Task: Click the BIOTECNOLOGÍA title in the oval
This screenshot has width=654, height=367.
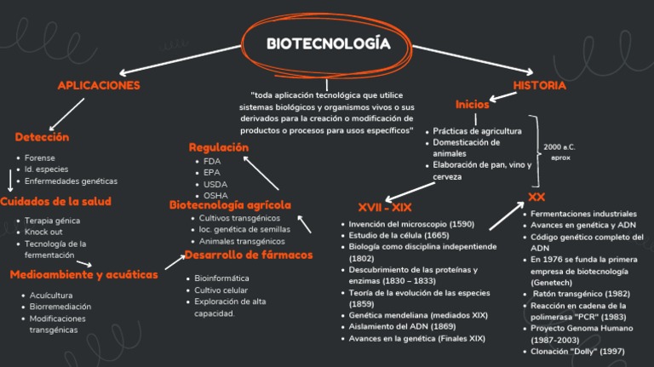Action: (328, 43)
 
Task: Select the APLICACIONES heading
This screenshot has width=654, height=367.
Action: (99, 85)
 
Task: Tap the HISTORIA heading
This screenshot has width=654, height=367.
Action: (540, 85)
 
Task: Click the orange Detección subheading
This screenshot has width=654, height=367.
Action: (42, 136)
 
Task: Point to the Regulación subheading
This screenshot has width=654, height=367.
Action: (219, 147)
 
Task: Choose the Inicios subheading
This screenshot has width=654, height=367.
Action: (473, 105)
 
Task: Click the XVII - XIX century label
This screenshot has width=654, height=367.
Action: (385, 208)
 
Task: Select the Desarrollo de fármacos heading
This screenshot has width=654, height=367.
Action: (249, 255)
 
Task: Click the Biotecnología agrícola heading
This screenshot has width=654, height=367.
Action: (230, 204)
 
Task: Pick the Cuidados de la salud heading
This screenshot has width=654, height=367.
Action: (55, 202)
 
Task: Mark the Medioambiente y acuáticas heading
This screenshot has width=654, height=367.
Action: (84, 275)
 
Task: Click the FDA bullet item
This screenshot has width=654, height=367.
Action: (212, 160)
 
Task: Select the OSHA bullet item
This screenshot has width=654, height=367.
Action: (216, 196)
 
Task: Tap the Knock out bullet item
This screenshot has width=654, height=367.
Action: (43, 232)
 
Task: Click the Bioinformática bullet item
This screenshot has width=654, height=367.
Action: (221, 278)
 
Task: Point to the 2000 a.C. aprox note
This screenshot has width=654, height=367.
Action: (559, 152)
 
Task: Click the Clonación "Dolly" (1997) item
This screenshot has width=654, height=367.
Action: (577, 351)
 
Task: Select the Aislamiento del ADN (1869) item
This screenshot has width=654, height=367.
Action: (402, 326)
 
